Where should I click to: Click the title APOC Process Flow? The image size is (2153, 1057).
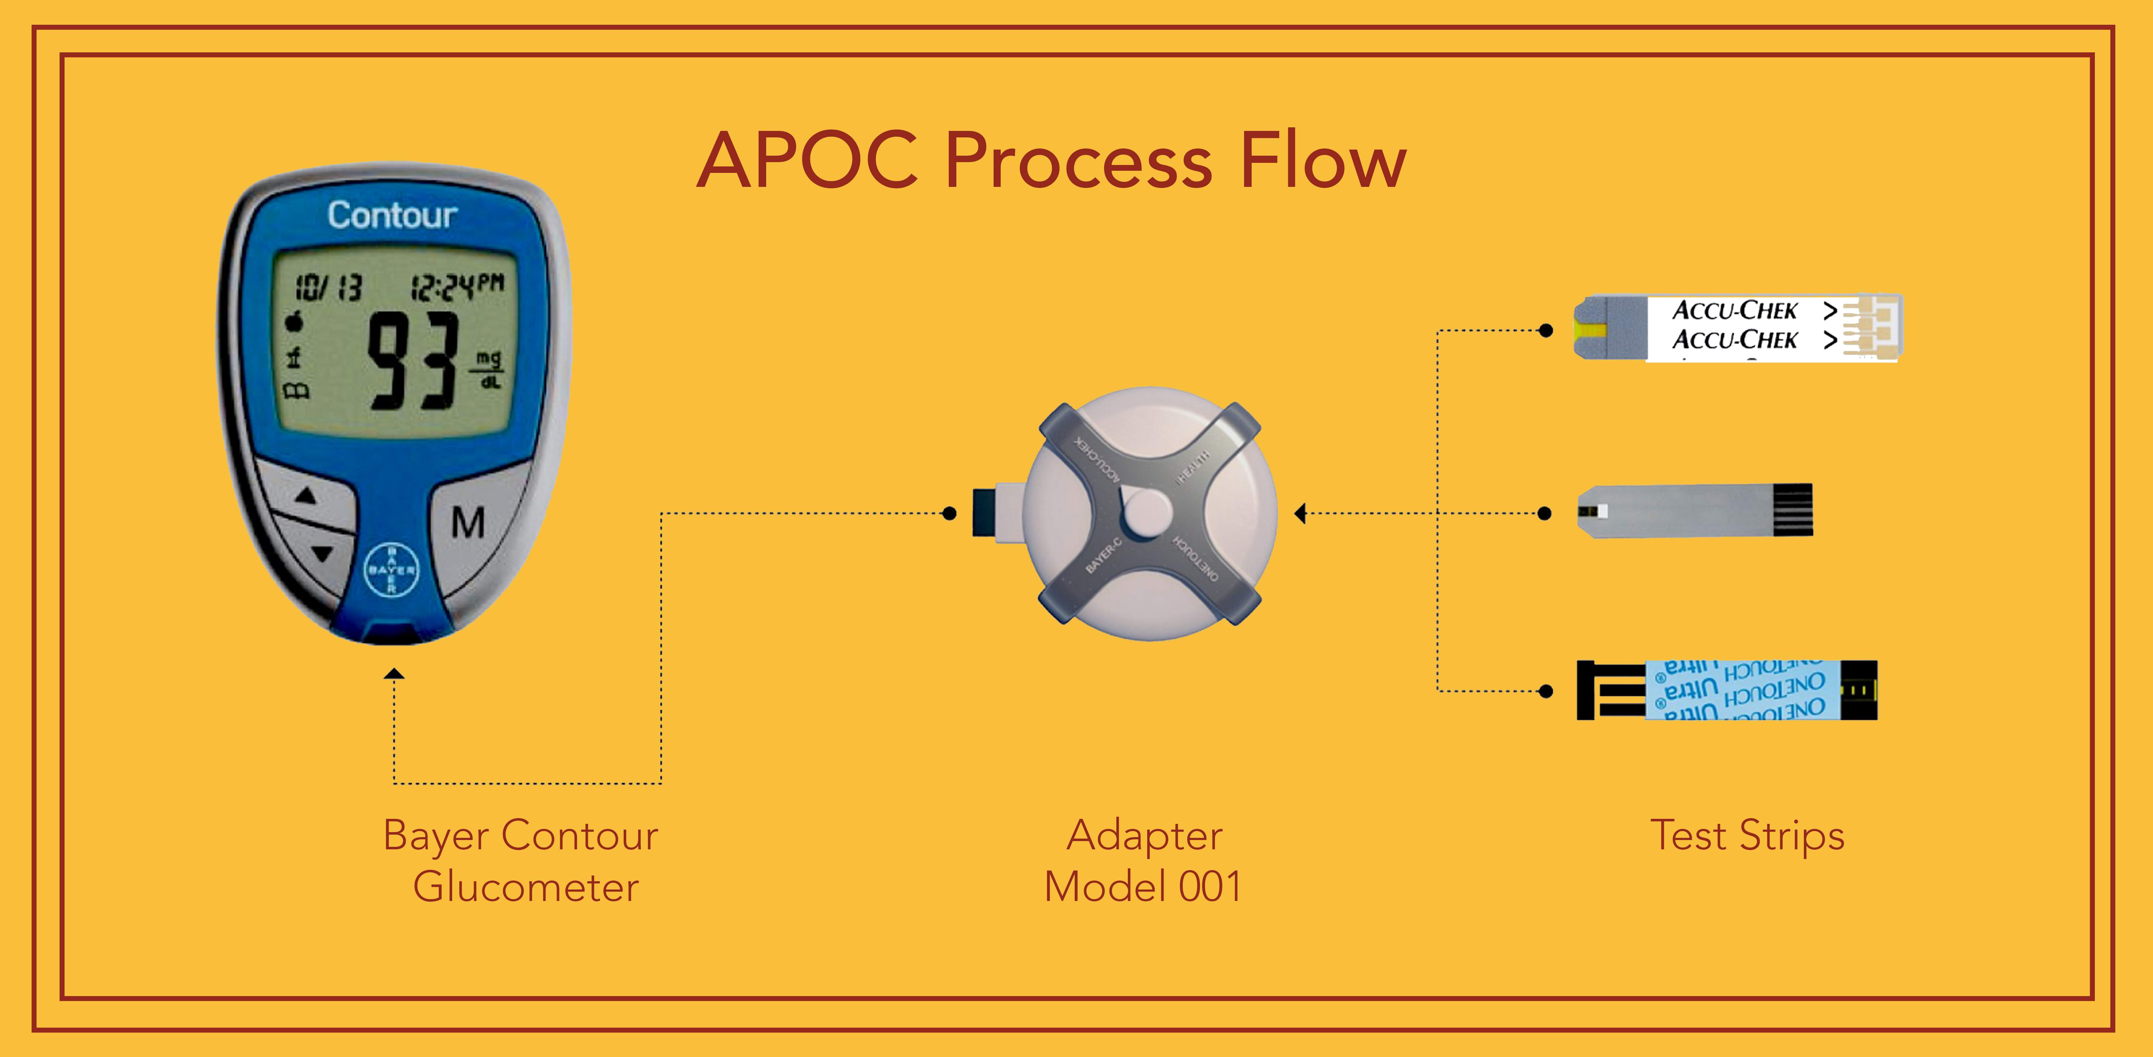(1051, 160)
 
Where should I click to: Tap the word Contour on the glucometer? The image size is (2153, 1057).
(392, 216)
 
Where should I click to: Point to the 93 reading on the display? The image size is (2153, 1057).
(414, 361)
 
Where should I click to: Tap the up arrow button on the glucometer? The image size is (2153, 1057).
(306, 496)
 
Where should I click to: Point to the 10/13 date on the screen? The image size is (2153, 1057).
(328, 288)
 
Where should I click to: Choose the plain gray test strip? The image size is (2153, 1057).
(1695, 510)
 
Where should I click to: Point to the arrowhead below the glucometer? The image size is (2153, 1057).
(394, 674)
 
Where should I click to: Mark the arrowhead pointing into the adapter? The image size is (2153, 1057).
(1300, 513)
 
